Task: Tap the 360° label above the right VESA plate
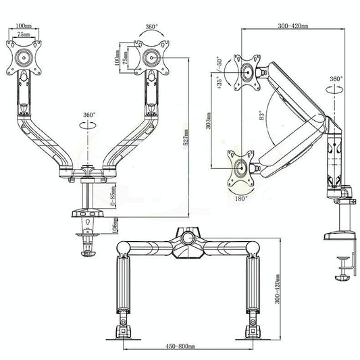[152, 28]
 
